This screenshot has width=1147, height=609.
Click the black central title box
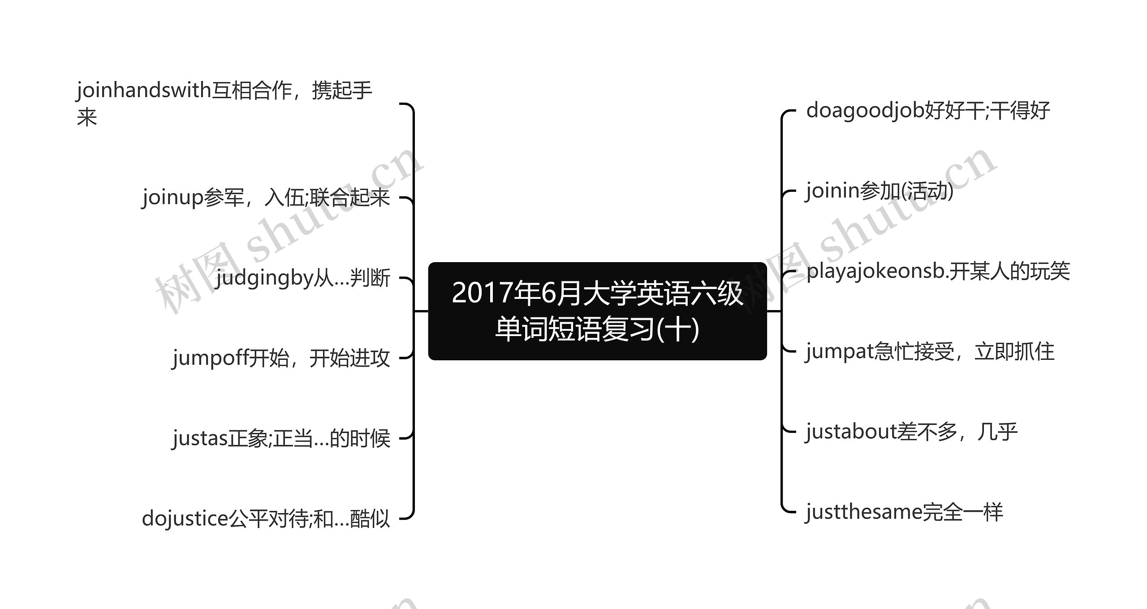pos(597,311)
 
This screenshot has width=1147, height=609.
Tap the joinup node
pos(266,198)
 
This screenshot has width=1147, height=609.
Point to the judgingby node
pos(303,278)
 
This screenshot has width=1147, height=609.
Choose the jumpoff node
pos(281,358)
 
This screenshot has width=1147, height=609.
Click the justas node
pos(281,438)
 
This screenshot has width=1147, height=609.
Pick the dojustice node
pos(266,518)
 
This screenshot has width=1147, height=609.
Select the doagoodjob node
pos(927,111)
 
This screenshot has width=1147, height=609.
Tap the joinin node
pos(879,191)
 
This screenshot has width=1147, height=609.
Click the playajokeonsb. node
pos(938,271)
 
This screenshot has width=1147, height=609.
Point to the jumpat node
pos(930,351)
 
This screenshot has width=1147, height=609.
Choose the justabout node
pos(911,432)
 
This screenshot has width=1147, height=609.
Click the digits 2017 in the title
pos(482,293)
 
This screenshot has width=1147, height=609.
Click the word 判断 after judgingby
pos(370,278)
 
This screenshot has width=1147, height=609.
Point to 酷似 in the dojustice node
pos(370,518)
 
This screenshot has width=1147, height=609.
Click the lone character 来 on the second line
pos(87,118)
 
